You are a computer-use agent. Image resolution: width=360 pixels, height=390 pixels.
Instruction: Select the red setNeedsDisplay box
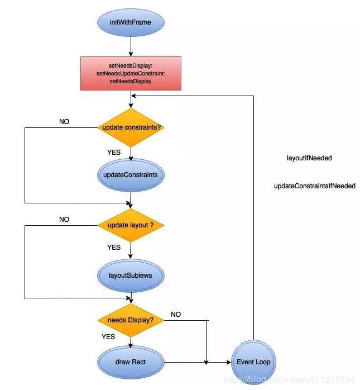(x=130, y=73)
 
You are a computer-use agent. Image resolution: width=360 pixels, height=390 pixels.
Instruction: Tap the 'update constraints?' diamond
(x=130, y=127)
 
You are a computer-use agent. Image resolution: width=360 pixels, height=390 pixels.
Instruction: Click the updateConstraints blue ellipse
(x=130, y=174)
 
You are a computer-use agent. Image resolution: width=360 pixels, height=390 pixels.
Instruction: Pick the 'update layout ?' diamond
(x=130, y=225)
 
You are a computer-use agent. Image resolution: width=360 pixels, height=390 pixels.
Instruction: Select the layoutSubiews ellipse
(x=130, y=275)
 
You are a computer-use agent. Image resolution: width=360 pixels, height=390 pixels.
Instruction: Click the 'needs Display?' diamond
(x=130, y=320)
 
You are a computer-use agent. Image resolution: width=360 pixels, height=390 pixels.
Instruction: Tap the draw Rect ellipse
(x=130, y=362)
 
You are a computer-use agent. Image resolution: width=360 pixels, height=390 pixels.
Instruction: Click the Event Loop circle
(x=253, y=362)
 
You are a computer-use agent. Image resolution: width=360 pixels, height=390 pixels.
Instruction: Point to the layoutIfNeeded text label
(x=309, y=158)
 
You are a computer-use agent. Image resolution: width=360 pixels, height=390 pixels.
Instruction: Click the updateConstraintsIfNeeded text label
(x=314, y=186)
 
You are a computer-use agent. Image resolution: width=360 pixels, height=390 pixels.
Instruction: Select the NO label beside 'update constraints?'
(x=64, y=121)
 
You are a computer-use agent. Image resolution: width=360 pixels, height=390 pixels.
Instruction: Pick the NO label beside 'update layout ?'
(x=64, y=220)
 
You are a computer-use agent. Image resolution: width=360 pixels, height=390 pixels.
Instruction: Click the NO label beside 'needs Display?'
(x=176, y=315)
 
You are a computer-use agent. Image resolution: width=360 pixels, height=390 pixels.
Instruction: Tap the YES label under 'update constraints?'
(x=114, y=151)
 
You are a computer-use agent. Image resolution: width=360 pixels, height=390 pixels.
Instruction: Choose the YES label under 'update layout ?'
(x=114, y=247)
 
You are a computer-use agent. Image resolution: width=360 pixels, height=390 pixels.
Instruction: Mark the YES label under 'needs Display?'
(x=108, y=337)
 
